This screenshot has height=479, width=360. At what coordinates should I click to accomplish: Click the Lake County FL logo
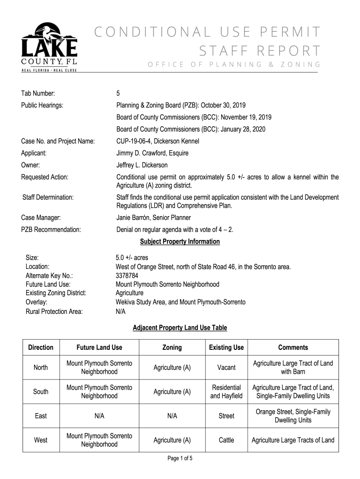click(x=49, y=47)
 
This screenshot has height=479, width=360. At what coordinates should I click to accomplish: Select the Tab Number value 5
click(x=118, y=93)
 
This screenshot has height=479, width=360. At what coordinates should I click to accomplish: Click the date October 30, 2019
click(x=224, y=105)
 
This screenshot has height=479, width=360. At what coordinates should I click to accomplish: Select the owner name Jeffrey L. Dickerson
click(x=142, y=165)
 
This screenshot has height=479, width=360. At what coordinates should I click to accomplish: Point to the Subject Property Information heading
click(x=180, y=242)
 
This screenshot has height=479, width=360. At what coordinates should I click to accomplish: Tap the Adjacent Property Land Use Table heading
click(x=180, y=328)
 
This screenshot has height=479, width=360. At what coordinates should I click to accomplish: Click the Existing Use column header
click(x=226, y=348)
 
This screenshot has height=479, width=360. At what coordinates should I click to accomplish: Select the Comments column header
click(x=293, y=348)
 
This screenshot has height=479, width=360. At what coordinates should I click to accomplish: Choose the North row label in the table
click(x=41, y=368)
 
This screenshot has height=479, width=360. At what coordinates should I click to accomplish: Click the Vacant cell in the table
click(x=226, y=368)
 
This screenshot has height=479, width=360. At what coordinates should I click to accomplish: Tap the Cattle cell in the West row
click(x=226, y=440)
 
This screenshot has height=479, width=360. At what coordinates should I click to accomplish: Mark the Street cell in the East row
click(x=226, y=416)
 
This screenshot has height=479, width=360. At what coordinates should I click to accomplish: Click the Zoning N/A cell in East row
click(x=172, y=416)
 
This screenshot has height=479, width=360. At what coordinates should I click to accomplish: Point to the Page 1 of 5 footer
click(x=180, y=458)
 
